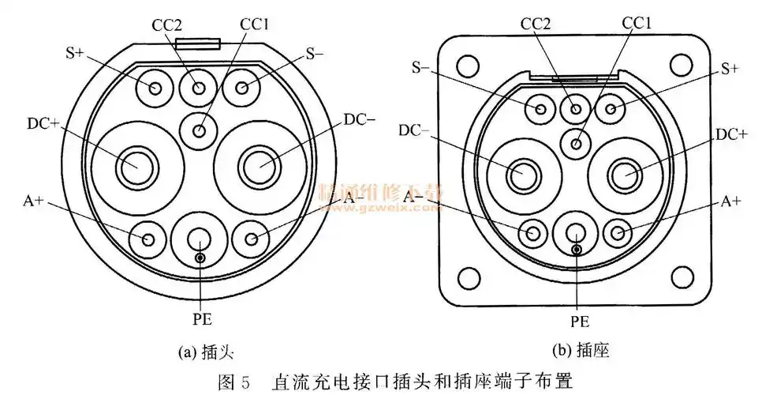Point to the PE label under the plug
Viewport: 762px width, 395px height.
pos(202,320)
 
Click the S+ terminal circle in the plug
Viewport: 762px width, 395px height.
pos(154,86)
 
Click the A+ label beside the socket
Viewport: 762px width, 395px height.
pos(731,201)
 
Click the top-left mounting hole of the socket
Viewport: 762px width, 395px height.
pos(468,65)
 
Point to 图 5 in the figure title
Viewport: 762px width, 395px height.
pos(234,381)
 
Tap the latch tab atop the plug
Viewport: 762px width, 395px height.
pos(197,46)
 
